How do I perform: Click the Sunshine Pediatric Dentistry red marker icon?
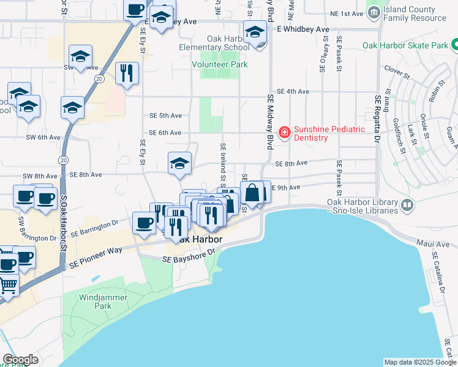pos(284,132)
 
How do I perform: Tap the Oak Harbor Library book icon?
pos(407,209)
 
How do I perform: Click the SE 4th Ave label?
pos(293,91)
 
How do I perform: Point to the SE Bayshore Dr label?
pos(189,257)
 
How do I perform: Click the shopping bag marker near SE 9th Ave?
pos(252,193)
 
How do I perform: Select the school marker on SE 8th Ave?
pos(179,163)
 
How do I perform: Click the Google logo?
pos(20,360)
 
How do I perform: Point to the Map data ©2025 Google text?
pos(419,362)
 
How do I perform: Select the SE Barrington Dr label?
pos(93,230)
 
